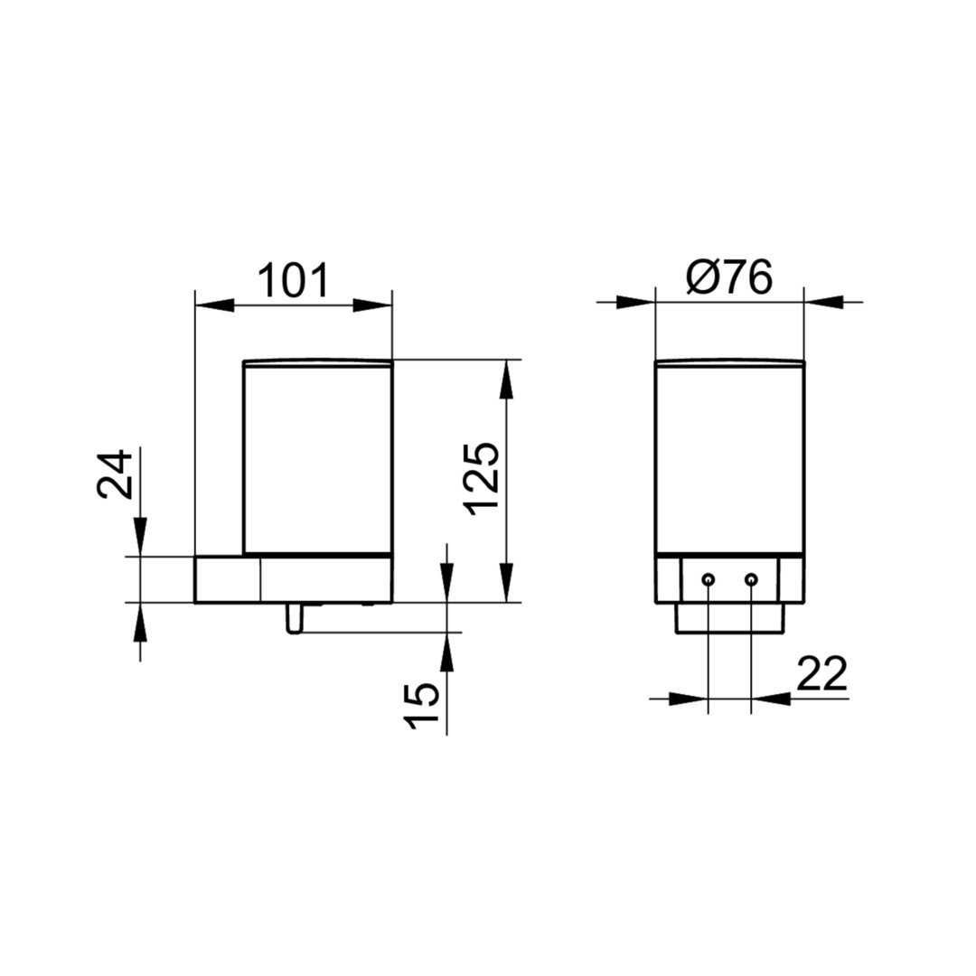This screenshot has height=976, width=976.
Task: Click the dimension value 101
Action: tap(293, 281)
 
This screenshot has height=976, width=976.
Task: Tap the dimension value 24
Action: tap(115, 475)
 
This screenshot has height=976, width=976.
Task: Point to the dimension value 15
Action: tap(421, 705)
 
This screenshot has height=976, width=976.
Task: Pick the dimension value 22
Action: tap(821, 673)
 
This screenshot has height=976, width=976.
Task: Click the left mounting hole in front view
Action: tap(708, 580)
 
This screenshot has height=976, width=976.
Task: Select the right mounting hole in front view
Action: tap(751, 580)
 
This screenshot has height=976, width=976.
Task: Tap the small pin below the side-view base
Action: tap(294, 618)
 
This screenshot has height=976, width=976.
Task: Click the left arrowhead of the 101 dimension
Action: tap(215, 305)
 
